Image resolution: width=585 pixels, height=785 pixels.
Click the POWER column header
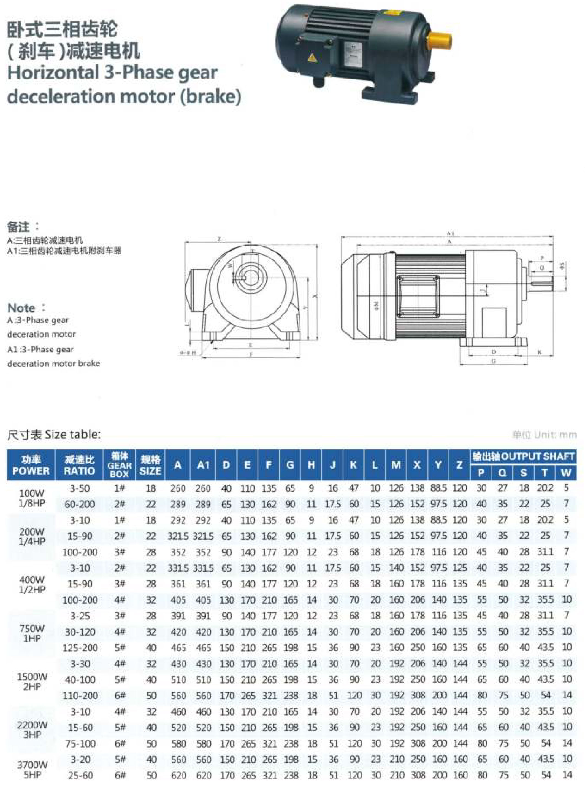coord(31,465)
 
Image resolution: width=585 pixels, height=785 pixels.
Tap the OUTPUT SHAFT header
coord(523,456)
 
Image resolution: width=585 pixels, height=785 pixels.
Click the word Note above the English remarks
coord(21,308)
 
